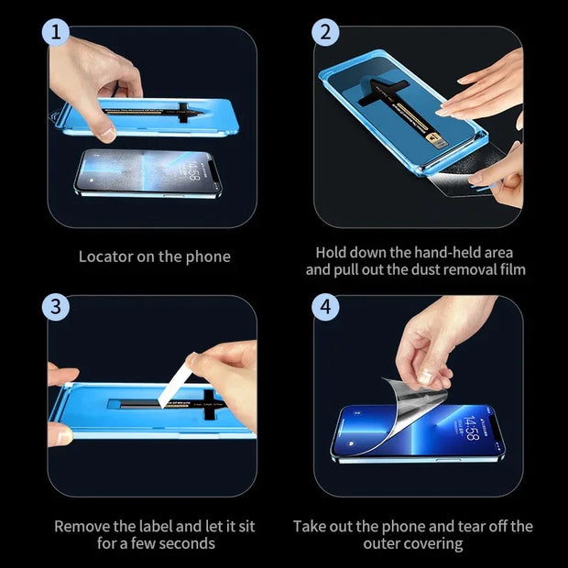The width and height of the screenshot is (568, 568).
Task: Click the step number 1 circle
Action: [x=56, y=34]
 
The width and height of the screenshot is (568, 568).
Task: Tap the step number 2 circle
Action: [x=324, y=34]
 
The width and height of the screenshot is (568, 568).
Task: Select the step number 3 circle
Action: [x=56, y=306]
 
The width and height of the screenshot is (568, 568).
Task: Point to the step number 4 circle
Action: [x=324, y=306]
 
